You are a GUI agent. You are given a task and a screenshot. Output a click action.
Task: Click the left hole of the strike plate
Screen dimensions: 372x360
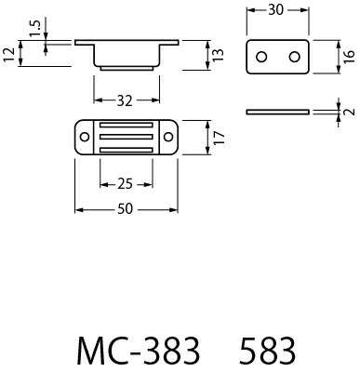tap(262, 58)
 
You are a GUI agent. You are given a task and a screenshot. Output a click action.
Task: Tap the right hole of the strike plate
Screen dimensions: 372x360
tap(294, 58)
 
